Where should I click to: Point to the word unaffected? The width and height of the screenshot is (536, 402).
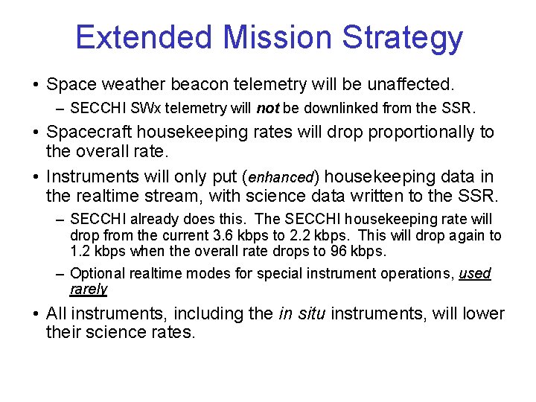point(408,84)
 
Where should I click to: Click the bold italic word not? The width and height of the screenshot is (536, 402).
point(267,109)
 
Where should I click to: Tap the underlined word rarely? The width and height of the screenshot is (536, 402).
point(89,290)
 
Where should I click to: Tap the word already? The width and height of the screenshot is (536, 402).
point(149,220)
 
